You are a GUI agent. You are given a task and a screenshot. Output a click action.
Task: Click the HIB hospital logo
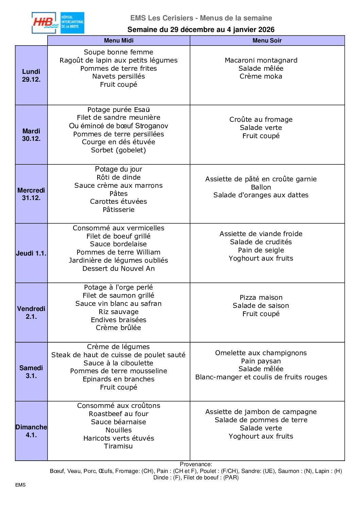tap(58, 23)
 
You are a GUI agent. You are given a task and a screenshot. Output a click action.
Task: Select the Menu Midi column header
tap(119, 40)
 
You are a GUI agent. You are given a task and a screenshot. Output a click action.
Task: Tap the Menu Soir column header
tap(267, 40)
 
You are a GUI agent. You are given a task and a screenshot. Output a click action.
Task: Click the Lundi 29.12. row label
tap(31, 75)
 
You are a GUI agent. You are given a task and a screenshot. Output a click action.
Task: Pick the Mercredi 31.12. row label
tap(31, 194)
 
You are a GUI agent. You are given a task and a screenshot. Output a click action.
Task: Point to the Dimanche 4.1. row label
tap(31, 431)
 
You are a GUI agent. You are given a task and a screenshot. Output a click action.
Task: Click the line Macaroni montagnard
tap(261, 60)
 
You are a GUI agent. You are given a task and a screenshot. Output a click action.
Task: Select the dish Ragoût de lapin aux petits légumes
tap(119, 60)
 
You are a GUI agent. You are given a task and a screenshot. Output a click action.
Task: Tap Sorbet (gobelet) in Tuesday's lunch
tap(118, 150)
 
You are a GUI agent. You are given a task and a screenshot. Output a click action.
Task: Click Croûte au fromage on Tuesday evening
tap(261, 119)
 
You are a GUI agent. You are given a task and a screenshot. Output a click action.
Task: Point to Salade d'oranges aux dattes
tap(261, 195)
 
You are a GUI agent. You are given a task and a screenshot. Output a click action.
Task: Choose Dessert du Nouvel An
tap(118, 268)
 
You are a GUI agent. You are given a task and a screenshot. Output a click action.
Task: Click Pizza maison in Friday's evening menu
tap(261, 297)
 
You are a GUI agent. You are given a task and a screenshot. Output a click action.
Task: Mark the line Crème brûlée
tap(118, 328)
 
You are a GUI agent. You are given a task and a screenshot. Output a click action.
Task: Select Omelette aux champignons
tap(261, 353)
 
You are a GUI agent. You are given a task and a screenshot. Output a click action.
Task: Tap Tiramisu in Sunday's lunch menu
tap(118, 446)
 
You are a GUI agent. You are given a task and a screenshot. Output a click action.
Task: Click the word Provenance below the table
tap(195, 464)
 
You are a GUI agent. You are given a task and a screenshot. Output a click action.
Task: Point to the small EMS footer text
tap(20, 485)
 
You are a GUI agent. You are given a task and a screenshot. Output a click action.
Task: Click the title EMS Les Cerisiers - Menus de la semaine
tap(201, 18)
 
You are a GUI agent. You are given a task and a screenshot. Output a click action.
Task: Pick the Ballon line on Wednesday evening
tap(261, 187)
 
